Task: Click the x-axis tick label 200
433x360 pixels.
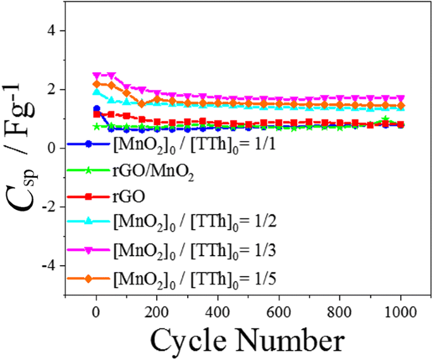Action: point(157,311)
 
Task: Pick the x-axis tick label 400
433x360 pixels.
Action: point(217,311)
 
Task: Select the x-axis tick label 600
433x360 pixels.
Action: point(278,311)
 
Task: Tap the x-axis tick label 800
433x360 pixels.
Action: point(339,311)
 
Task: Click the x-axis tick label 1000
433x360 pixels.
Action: point(399,311)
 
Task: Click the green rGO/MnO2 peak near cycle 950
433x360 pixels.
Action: point(385,119)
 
